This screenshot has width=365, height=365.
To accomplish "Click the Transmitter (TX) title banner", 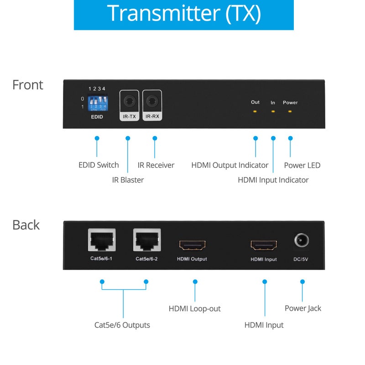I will (183, 15).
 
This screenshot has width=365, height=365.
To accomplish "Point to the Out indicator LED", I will (255, 111).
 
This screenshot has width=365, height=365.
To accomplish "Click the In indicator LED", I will (273, 111).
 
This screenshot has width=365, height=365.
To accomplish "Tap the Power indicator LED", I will (290, 111).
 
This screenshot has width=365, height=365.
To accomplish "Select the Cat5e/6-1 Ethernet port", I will (101, 240).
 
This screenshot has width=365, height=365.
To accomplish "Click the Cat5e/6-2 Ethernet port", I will (147, 240).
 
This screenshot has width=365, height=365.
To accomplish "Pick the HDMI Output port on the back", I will (192, 245).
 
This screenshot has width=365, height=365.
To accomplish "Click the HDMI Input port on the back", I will (264, 245).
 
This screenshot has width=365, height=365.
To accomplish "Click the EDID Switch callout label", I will (99, 165).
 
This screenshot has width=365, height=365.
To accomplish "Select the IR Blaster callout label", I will (128, 180).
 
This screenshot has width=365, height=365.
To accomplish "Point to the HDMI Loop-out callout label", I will (194, 309).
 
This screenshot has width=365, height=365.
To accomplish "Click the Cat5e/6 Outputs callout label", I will (122, 325).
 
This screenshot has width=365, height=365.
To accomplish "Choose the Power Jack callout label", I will (302, 308).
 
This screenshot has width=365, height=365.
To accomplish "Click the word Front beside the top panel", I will (28, 85).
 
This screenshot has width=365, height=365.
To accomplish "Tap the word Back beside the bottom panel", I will (26, 225).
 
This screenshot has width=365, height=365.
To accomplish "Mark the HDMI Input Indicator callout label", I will (273, 180).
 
